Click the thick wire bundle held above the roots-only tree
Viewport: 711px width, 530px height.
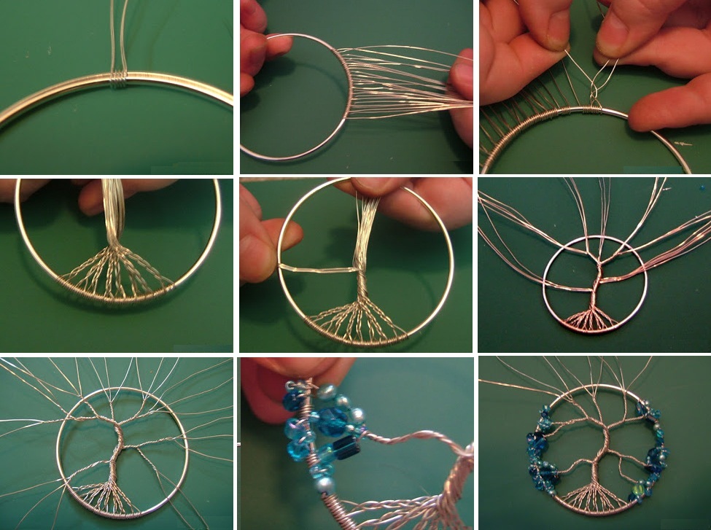point(113,208)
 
